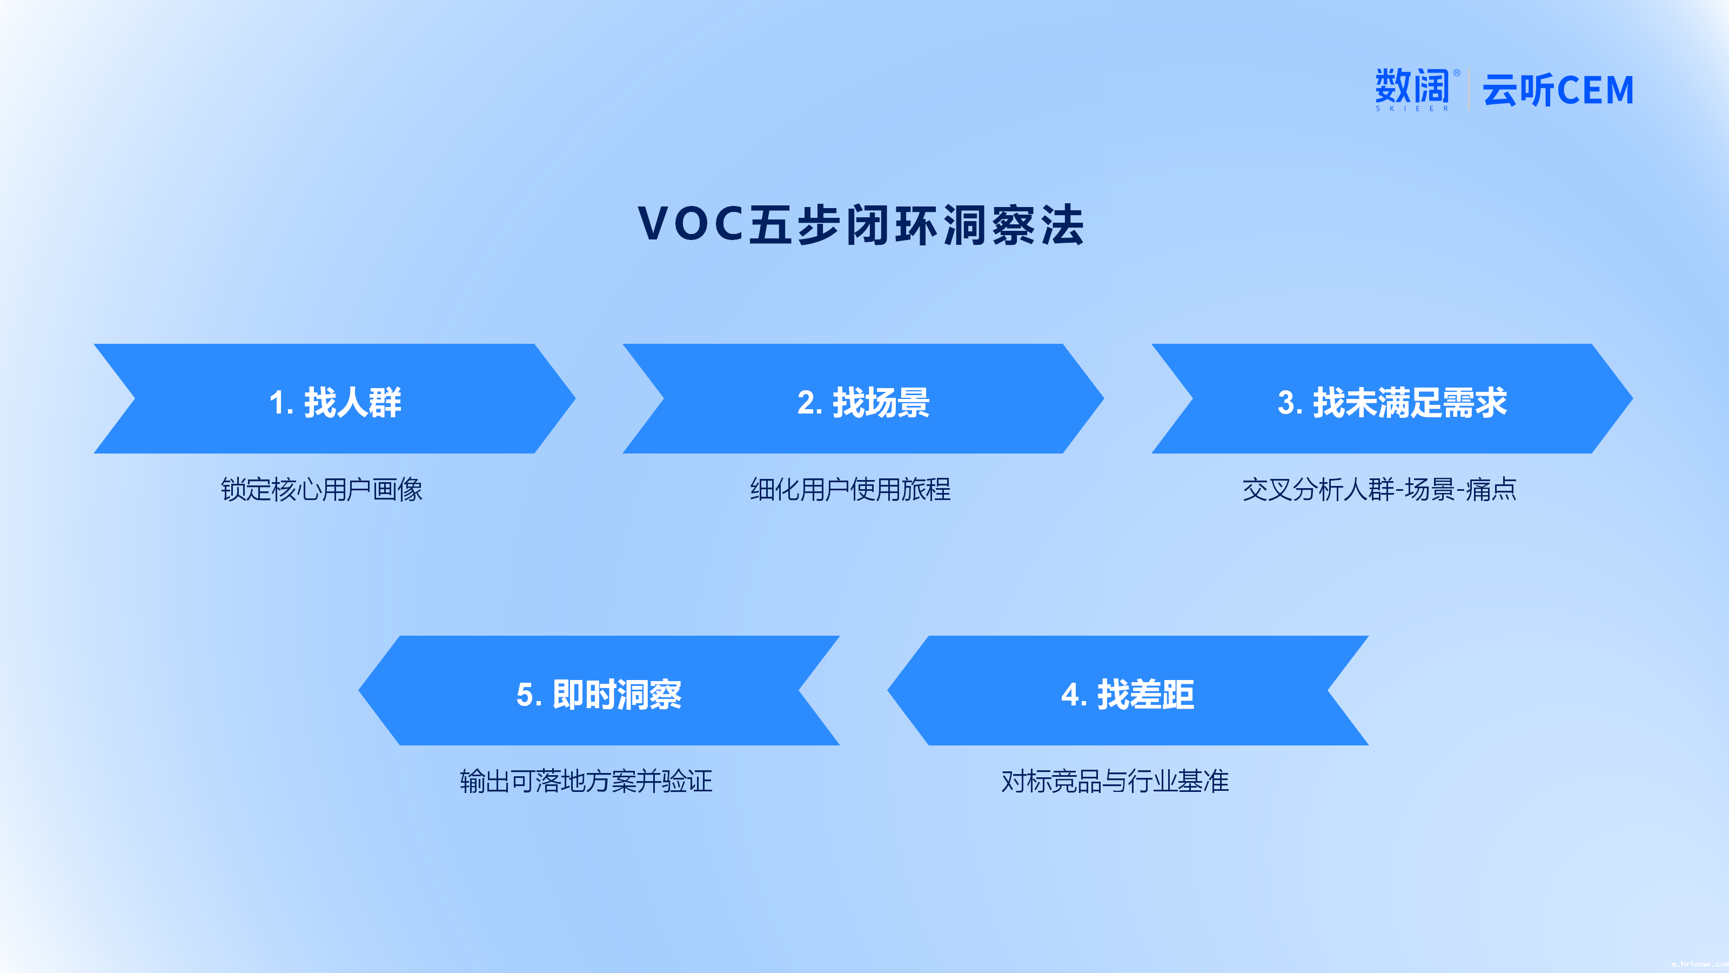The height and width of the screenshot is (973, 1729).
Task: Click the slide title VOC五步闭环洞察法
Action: [861, 224]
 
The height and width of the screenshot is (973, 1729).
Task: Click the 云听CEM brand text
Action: [1558, 90]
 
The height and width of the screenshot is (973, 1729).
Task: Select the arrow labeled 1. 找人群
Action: [334, 399]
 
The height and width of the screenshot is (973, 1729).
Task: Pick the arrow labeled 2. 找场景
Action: [863, 399]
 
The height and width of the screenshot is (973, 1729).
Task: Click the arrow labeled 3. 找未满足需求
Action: [1392, 399]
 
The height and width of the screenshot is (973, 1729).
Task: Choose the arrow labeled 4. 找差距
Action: [1128, 690]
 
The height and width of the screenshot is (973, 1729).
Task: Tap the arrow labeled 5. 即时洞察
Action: [599, 690]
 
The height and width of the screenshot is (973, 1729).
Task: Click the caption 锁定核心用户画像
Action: [321, 490]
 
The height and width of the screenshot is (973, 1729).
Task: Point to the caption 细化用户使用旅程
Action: [850, 490]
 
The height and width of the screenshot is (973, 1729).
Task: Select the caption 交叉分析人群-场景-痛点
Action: [1379, 490]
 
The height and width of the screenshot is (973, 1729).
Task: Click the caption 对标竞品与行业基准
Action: [1115, 781]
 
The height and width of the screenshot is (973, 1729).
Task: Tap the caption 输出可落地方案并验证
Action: [586, 781]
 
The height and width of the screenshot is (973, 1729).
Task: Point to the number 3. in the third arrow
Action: [1290, 403]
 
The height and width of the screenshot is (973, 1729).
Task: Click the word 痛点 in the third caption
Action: [1491, 490]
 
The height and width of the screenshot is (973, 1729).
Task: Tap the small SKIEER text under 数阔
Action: [1412, 108]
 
